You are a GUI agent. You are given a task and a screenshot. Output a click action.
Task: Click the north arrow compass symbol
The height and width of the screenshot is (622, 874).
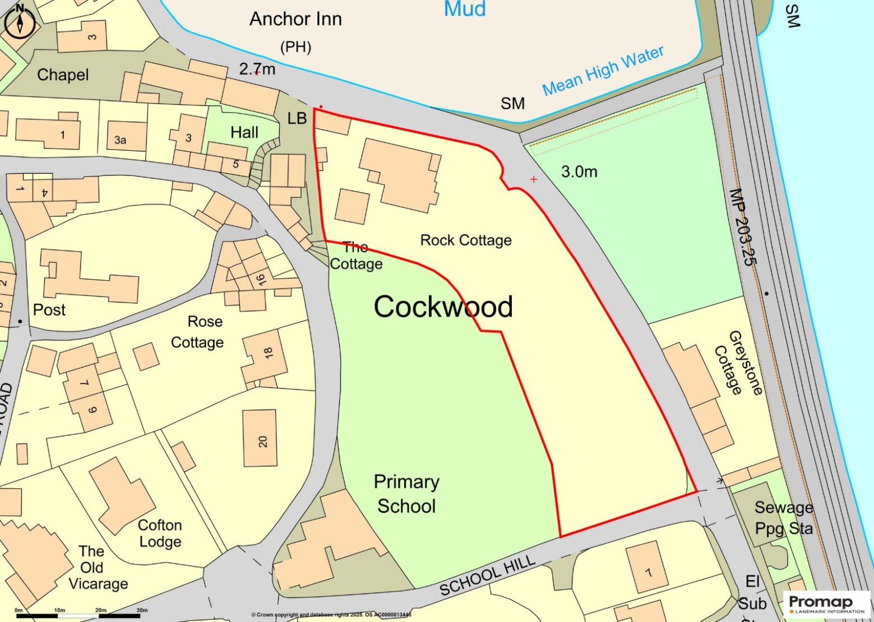point(20,23)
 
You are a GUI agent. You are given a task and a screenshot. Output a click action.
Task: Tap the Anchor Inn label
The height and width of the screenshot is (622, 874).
point(295,20)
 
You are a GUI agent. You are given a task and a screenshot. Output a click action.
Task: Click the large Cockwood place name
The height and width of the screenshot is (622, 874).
point(443,307)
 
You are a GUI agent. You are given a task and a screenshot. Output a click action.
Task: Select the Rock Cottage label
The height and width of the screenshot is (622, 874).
point(466,240)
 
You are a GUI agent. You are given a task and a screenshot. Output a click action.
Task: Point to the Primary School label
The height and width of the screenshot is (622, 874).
point(406,494)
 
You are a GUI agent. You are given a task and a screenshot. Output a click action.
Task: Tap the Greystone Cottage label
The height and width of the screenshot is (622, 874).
point(738,363)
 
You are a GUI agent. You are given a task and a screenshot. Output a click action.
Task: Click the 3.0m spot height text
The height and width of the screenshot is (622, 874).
point(579,172)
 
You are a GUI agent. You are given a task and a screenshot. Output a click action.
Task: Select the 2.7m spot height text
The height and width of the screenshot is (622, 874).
point(257,69)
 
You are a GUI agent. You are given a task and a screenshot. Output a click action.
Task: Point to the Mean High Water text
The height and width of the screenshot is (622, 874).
point(603,71)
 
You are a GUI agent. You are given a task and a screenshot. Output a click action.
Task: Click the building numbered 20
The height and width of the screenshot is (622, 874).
point(260,438)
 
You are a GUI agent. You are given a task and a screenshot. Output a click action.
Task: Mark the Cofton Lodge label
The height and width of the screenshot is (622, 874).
point(160,533)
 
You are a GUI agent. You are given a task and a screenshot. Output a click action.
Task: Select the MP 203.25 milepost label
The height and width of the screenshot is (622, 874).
point(743,227)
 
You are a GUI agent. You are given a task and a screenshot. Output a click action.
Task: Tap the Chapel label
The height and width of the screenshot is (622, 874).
point(63,75)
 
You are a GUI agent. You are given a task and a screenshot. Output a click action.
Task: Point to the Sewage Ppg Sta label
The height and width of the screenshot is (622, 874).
point(783,518)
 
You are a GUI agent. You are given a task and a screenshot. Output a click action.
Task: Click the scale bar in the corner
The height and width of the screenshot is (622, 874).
point(78,615)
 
